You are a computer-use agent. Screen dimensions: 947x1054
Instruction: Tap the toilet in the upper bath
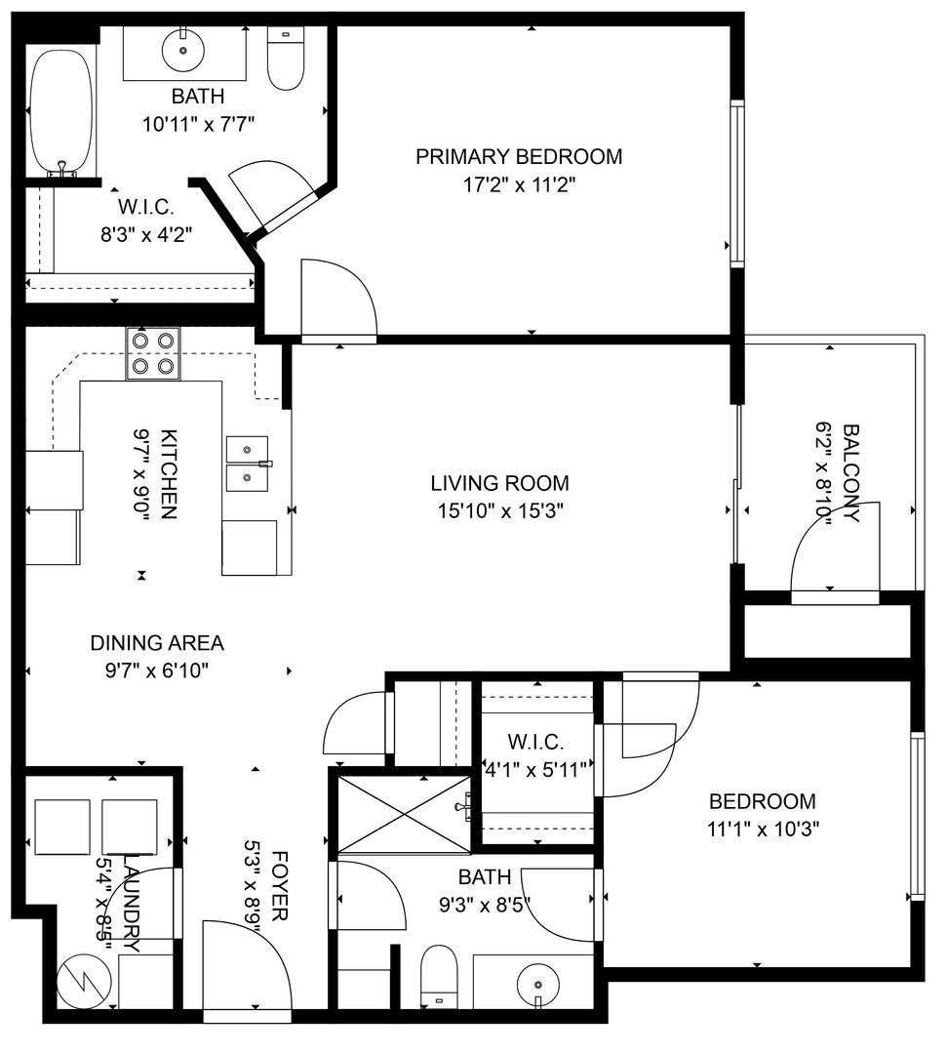pyautogui.click(x=286, y=59)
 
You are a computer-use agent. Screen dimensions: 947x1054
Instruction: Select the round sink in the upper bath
pyautogui.click(x=182, y=50)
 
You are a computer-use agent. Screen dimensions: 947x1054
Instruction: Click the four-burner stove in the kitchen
pyautogui.click(x=153, y=353)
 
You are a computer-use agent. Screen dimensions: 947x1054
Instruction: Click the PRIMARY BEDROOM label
pyautogui.click(x=519, y=156)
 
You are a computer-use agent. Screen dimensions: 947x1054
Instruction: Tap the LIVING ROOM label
pyautogui.click(x=499, y=483)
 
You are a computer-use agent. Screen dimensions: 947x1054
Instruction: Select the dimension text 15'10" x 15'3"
pyautogui.click(x=500, y=511)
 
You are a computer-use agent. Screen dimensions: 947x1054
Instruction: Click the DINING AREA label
pyautogui.click(x=157, y=643)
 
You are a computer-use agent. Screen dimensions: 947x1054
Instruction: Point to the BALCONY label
pyautogui.click(x=851, y=472)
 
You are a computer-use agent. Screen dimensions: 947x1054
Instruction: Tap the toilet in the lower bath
pyautogui.click(x=439, y=976)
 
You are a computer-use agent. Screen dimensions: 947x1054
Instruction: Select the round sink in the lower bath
pyautogui.click(x=538, y=985)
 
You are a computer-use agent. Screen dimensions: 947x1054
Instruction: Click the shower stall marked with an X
pyautogui.click(x=405, y=814)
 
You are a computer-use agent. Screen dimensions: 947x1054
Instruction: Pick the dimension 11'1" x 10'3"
pyautogui.click(x=763, y=830)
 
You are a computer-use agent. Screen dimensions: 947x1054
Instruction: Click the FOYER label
pyautogui.click(x=279, y=885)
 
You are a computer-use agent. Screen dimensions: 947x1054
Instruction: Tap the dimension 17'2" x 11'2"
pyautogui.click(x=519, y=184)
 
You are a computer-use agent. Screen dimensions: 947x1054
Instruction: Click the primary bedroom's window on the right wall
pyautogui.click(x=736, y=183)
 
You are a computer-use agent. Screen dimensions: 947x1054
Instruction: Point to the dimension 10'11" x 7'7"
pyautogui.click(x=198, y=124)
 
